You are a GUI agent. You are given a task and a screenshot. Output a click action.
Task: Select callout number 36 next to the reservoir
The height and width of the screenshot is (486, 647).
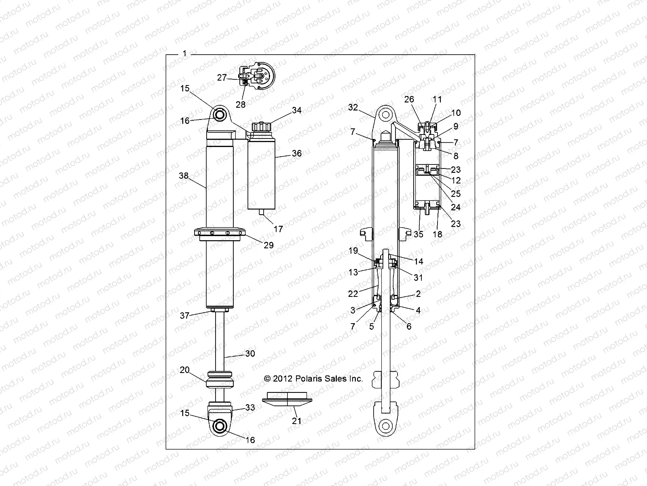(297, 153)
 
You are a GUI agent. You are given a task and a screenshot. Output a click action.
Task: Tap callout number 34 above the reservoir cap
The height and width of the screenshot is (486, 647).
(297, 110)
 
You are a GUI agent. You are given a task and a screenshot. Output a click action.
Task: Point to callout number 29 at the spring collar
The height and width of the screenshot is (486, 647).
(269, 245)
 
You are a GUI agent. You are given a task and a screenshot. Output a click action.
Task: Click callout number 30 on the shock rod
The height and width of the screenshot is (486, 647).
(250, 354)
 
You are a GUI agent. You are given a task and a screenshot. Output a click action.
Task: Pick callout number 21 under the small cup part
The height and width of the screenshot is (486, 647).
(297, 421)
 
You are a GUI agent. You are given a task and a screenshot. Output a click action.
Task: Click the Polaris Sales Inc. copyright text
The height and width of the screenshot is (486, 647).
(313, 379)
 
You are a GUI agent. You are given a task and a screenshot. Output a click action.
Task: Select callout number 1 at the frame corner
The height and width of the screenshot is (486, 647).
(184, 53)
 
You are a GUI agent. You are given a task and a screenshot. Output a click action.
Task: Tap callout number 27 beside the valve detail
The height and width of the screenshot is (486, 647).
(222, 78)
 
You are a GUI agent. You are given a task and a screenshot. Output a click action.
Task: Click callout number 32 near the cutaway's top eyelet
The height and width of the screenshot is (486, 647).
(353, 107)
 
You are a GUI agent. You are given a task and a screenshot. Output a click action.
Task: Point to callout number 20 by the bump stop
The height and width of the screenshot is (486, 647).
(184, 370)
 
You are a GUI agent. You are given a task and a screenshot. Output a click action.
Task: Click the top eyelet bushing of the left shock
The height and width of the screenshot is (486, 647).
(220, 115)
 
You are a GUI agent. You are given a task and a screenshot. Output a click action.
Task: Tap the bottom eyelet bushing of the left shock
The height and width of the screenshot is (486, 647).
(220, 426)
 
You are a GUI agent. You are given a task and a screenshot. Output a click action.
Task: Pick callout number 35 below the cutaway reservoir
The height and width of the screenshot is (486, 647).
(419, 234)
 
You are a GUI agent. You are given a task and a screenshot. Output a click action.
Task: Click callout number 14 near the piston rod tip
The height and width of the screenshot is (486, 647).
(419, 261)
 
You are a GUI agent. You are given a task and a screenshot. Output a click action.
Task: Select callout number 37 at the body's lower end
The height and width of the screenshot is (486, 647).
(184, 315)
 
